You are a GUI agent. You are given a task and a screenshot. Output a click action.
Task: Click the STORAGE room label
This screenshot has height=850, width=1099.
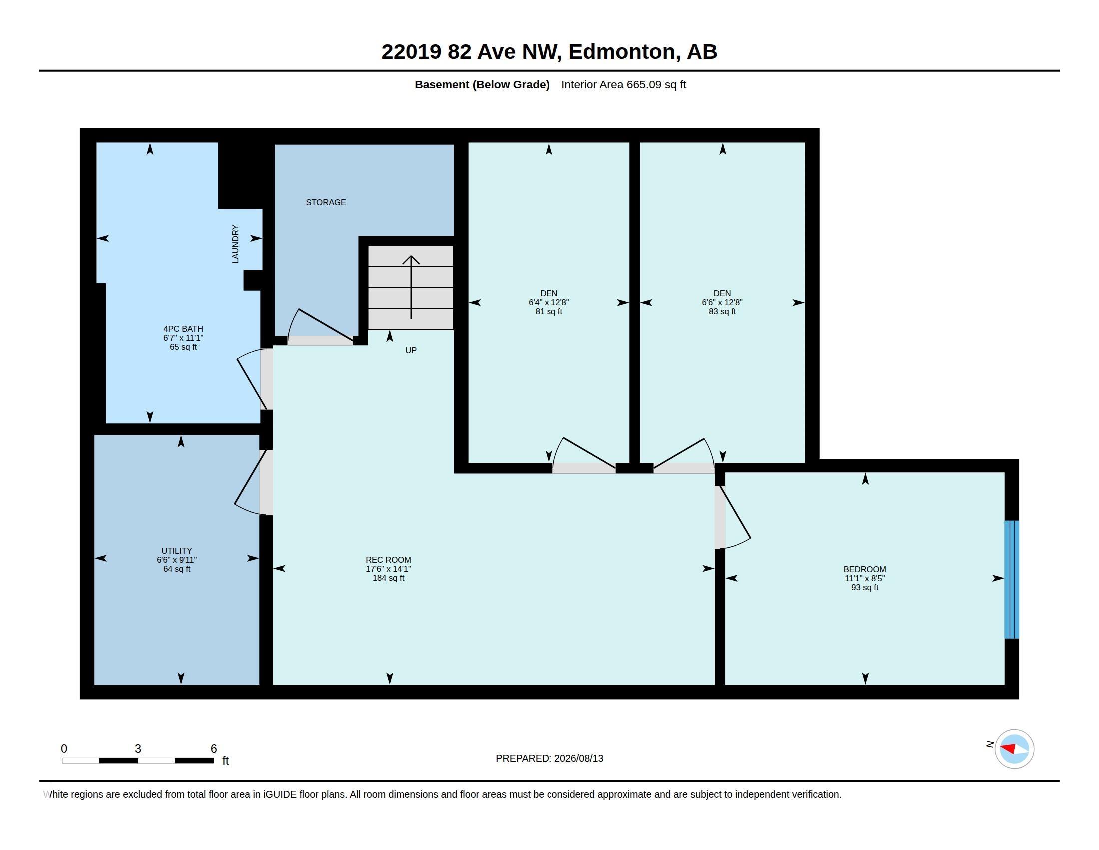(x=326, y=202)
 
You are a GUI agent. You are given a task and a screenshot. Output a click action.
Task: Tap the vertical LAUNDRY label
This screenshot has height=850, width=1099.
(x=235, y=244)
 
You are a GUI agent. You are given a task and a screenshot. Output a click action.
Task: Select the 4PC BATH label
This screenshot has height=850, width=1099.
(x=183, y=329)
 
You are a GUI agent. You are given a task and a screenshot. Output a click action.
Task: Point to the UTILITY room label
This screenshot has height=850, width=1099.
(x=177, y=551)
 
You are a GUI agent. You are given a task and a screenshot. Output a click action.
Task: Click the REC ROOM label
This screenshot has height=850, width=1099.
(x=388, y=560)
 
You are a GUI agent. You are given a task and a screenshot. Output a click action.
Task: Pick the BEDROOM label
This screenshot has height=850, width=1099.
(x=865, y=569)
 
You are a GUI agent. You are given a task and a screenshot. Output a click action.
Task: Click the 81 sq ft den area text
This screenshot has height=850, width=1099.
(x=549, y=311)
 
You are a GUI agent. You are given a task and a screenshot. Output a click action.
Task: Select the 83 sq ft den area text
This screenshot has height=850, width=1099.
(x=722, y=311)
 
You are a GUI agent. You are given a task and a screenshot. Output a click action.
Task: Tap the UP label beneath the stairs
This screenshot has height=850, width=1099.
(x=411, y=350)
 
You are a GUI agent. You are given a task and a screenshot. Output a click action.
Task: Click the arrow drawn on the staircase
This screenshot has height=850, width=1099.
(x=411, y=287)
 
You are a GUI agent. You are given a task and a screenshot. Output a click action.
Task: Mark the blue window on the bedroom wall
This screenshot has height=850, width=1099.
(x=1012, y=579)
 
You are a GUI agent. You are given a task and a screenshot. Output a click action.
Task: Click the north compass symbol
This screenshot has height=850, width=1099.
(x=1014, y=749)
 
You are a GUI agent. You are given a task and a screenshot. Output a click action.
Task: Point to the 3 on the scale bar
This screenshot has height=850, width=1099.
(x=138, y=749)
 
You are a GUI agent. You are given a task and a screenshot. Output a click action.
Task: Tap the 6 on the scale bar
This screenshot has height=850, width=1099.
(x=213, y=749)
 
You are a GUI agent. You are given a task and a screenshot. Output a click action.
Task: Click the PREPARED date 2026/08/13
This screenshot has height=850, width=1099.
(x=578, y=758)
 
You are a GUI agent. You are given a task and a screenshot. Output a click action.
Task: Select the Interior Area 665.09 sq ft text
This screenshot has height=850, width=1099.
(x=623, y=84)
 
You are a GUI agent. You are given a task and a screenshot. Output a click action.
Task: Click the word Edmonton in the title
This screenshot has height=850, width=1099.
(x=622, y=52)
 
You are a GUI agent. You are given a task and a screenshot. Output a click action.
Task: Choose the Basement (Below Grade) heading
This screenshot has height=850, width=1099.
(x=482, y=84)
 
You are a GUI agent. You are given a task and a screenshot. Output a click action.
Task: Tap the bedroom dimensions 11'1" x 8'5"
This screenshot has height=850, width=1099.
(x=865, y=578)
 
